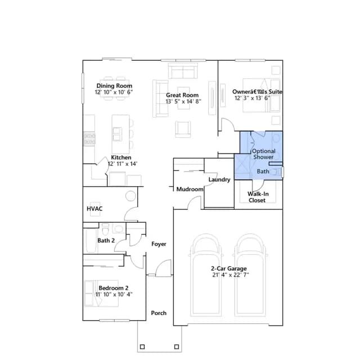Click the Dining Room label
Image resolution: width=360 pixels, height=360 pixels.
tap(114, 86)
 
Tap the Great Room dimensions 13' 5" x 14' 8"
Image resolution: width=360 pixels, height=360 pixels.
tap(183, 101)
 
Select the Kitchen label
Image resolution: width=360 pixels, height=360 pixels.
tap(121, 157)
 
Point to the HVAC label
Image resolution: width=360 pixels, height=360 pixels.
tap(94, 209)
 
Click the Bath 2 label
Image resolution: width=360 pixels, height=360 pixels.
tap(106, 241)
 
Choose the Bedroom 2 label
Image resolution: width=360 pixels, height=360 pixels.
tap(114, 288)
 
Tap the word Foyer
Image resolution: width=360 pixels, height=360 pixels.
tap(159, 244)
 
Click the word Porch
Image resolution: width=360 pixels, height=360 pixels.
tap(159, 313)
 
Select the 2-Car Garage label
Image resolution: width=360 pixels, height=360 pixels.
tap(229, 268)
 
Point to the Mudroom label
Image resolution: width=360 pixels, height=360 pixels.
tap(190, 189)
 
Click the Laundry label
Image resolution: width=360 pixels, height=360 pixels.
tap(219, 179)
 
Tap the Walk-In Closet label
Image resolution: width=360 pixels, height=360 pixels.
tap(258, 197)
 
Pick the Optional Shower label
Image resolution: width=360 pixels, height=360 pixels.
tap(264, 154)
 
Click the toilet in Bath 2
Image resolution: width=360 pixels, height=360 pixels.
tap(105, 229)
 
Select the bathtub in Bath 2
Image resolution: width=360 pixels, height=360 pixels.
tap(91, 240)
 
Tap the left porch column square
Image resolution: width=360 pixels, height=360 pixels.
tap(142, 346)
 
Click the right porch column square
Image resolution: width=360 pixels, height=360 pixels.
tap(177, 346)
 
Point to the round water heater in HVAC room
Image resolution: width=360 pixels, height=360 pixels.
tap(130, 196)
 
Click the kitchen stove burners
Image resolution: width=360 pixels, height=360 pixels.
tap(89, 139)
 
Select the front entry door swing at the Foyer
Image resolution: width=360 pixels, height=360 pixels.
tap(163, 268)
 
